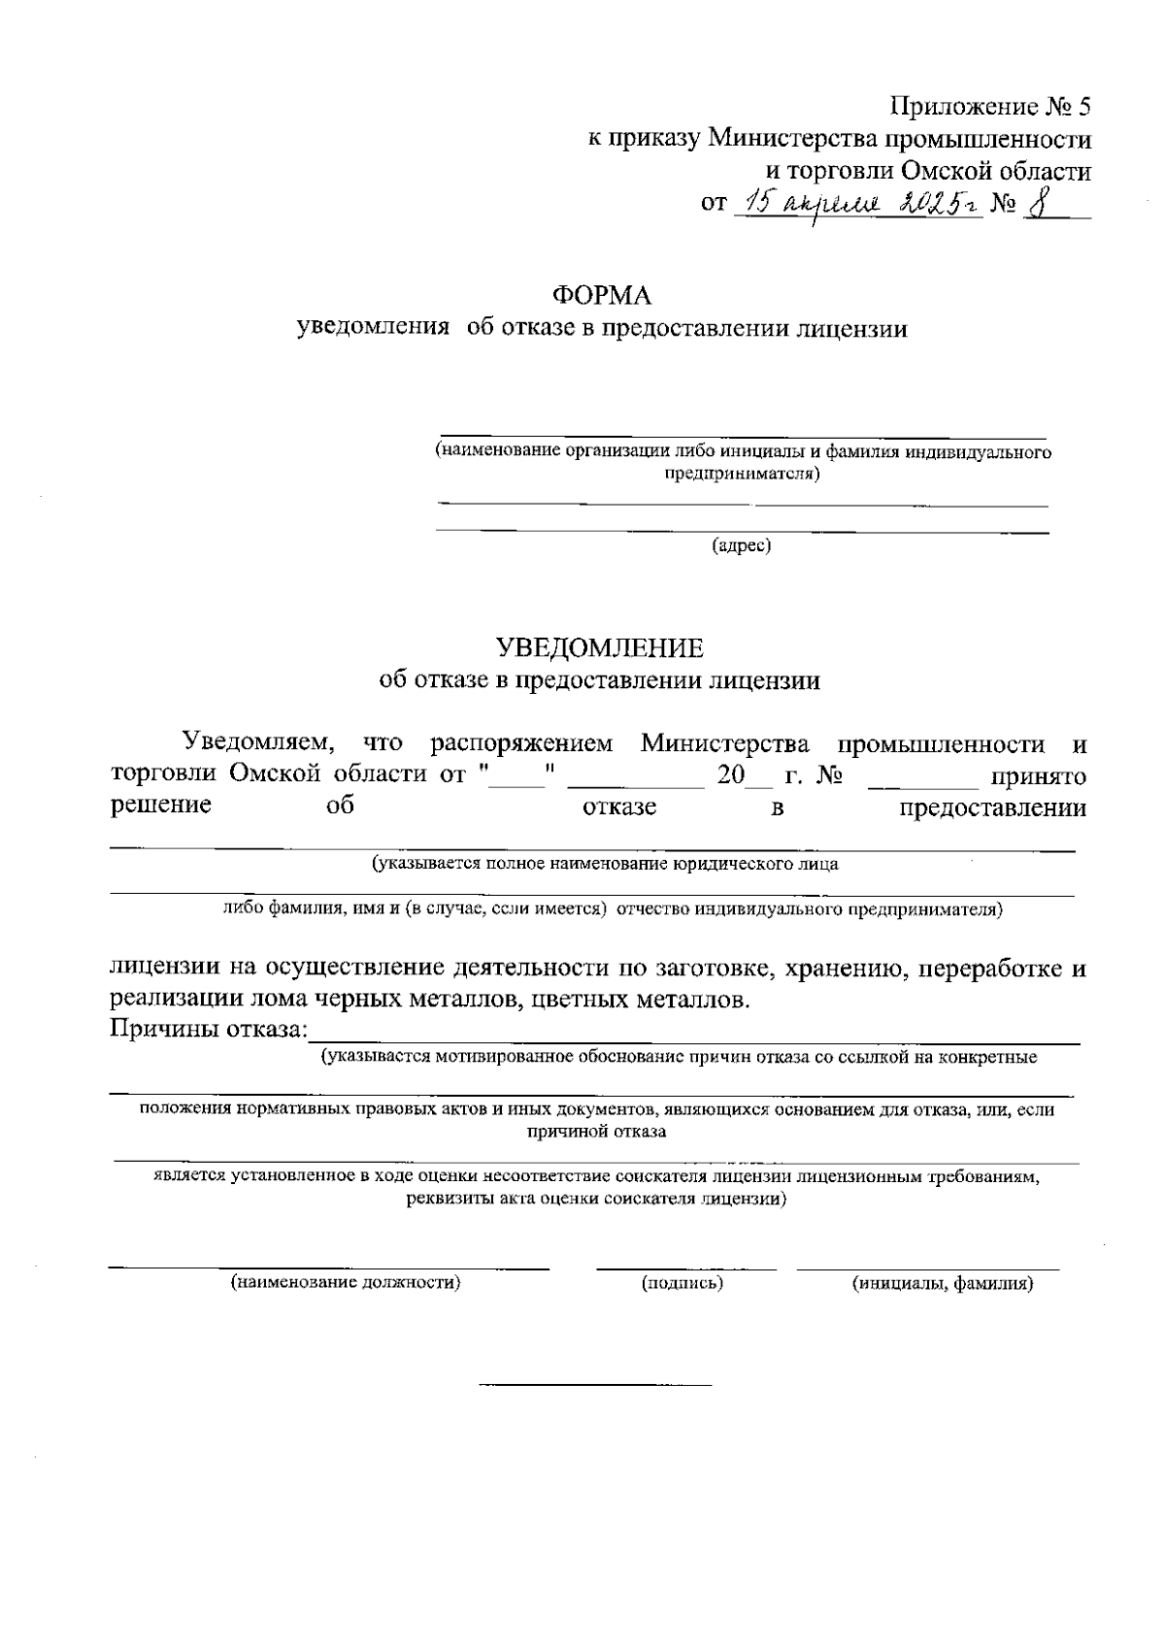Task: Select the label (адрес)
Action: pyautogui.click(x=742, y=545)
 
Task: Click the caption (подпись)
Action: pyautogui.click(x=682, y=1283)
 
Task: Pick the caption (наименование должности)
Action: pyautogui.click(x=345, y=1283)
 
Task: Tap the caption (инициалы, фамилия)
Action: pyautogui.click(x=942, y=1283)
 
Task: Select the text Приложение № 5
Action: pyautogui.click(x=991, y=106)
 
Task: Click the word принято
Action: pyautogui.click(x=1037, y=776)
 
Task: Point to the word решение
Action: pyautogui.click(x=161, y=806)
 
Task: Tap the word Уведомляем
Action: pyautogui.click(x=259, y=744)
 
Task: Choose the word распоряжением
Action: pyautogui.click(x=521, y=744)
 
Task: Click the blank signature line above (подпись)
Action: pyautogui.click(x=685, y=1268)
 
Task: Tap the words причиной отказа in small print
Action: pyautogui.click(x=595, y=1132)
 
